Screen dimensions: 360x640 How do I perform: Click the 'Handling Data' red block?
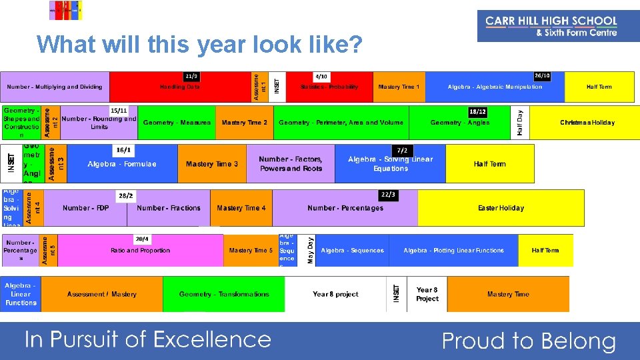180,87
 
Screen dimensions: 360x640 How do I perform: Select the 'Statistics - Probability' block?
329,87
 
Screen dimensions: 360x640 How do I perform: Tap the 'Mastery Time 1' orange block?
399,87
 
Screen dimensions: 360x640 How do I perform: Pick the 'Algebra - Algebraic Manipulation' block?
495,87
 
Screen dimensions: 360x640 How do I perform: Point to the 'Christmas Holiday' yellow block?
587,123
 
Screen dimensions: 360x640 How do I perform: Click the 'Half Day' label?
520,123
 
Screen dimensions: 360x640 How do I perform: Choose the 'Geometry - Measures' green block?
177,123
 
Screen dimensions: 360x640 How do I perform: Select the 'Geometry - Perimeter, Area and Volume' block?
341,123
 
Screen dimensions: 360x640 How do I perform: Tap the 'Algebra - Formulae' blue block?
122,164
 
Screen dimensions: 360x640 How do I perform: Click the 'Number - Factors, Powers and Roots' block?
290,164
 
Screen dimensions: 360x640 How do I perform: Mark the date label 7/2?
402,151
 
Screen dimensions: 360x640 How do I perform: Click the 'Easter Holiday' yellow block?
501,208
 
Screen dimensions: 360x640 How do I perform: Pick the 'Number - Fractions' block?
169,208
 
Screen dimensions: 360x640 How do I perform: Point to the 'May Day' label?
310,251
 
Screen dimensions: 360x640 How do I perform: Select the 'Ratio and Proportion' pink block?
140,251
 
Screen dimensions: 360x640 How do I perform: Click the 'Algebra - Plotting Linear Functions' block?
453,251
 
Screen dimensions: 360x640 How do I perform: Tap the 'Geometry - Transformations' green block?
224,294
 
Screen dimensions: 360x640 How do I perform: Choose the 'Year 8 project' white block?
335,294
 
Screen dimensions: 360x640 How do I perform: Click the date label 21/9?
191,77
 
